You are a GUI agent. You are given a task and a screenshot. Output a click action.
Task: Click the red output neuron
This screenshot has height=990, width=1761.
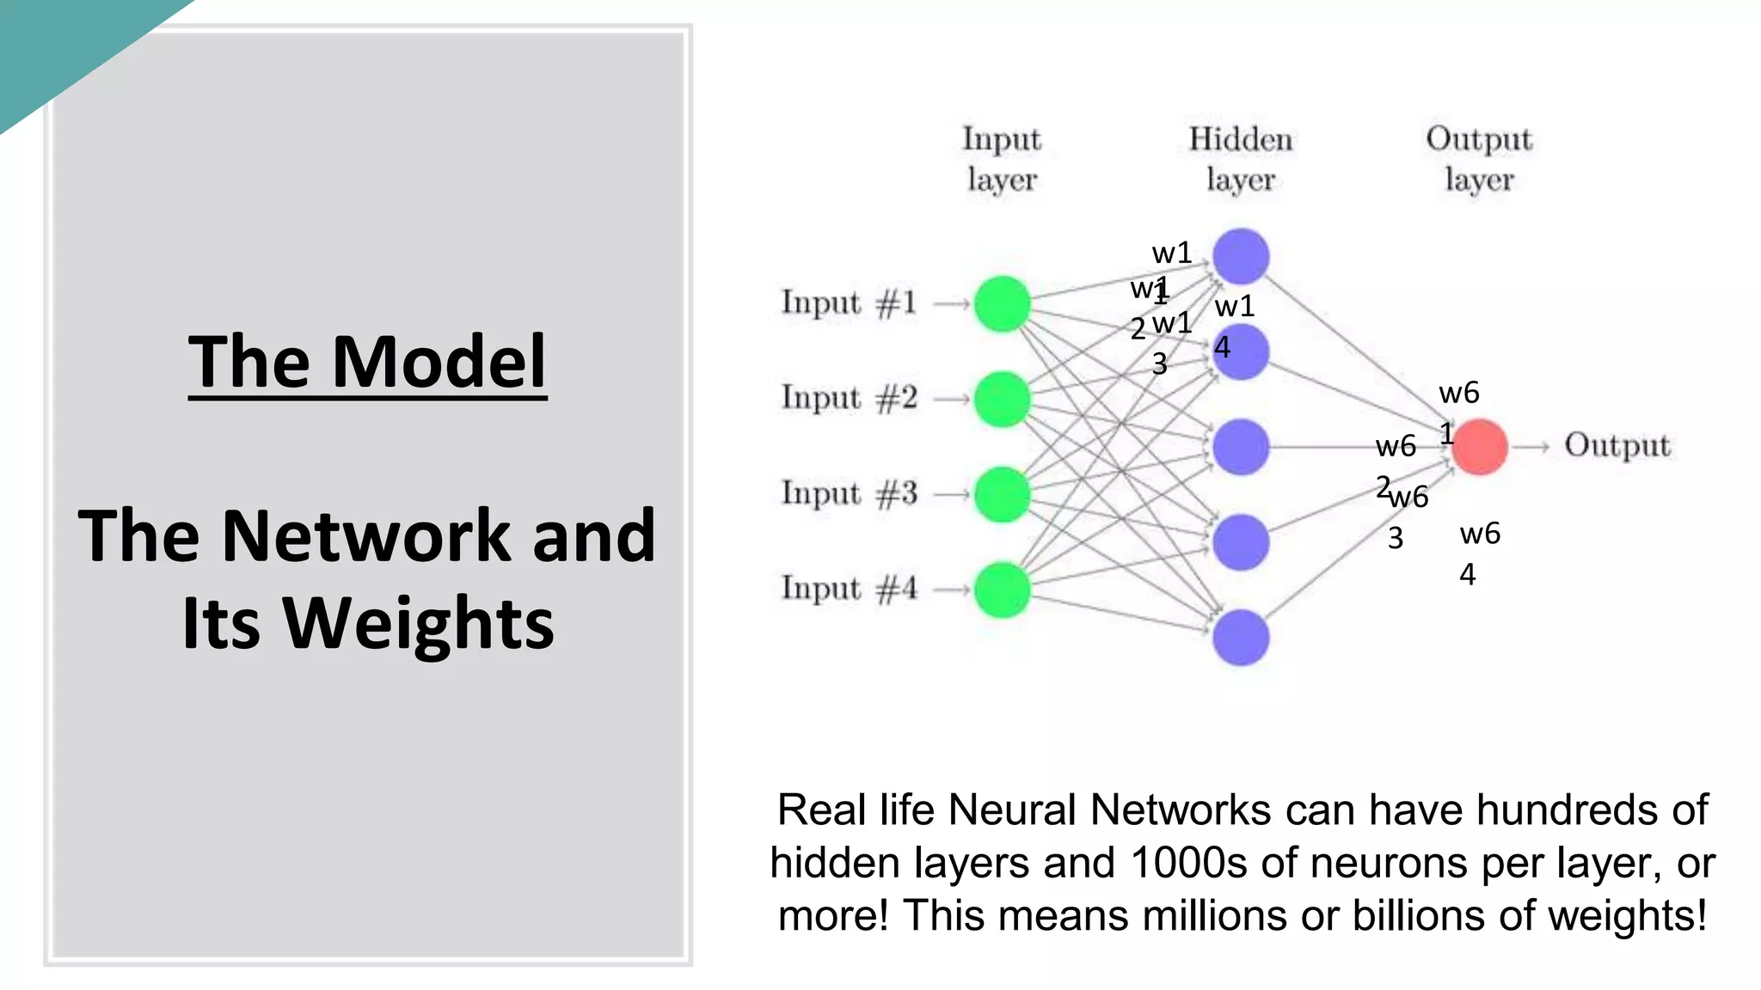point(1480,447)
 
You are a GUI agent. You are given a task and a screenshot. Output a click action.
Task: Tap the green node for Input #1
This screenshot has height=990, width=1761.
point(1002,303)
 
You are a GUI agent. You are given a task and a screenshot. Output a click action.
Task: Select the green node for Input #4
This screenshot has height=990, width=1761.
point(1002,590)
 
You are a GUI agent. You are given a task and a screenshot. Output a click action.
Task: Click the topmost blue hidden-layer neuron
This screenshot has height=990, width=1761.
point(1240,256)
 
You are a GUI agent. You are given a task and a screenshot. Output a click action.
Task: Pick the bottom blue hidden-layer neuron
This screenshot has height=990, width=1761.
point(1240,637)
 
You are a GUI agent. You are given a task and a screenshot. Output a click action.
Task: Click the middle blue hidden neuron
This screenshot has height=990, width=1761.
point(1240,447)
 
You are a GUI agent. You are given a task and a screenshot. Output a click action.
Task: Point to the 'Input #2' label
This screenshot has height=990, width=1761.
point(849,399)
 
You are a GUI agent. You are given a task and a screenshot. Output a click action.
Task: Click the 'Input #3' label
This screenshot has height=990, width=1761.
point(849,494)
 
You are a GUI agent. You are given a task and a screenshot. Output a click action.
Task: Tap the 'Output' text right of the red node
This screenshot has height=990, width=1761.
point(1617,446)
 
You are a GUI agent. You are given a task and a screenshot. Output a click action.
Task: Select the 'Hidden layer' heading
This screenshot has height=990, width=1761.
point(1240,159)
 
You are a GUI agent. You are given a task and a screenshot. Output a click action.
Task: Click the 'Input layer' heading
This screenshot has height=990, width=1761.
point(1002,159)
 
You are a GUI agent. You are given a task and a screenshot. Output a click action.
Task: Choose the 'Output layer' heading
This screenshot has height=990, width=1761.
point(1479,159)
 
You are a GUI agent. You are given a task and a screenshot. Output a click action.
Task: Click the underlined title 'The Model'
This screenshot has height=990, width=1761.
point(367,362)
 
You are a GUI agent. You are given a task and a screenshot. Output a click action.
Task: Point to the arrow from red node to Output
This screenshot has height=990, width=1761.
point(1531,447)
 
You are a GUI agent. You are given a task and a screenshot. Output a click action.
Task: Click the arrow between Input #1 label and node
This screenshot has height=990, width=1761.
point(951,303)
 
